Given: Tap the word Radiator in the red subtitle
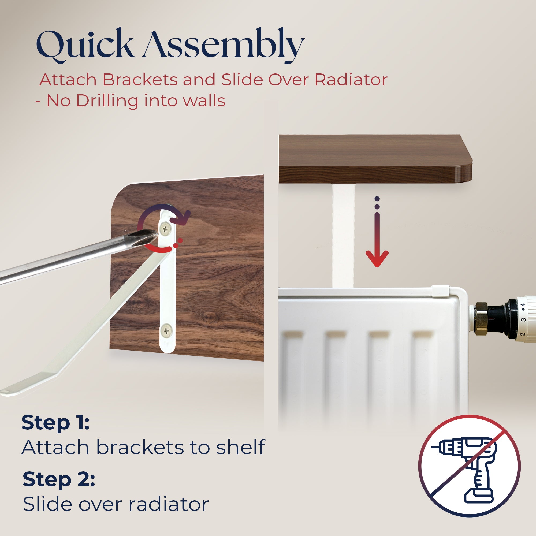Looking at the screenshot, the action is point(351,80).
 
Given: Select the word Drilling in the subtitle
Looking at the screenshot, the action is point(107,101).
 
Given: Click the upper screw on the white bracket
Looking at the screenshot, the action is point(166,229).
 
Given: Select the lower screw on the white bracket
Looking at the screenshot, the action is point(166,331).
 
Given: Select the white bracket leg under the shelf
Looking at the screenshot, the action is point(344,236).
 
